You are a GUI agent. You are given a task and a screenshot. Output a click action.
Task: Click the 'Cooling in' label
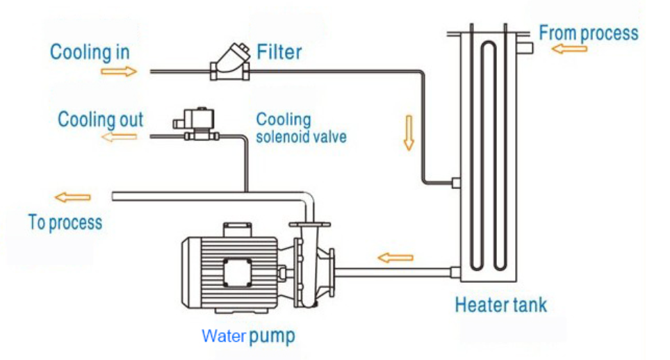(90, 52)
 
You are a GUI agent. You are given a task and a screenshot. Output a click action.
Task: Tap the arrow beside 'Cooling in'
(119, 71)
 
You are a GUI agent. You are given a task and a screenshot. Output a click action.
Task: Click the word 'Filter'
(279, 52)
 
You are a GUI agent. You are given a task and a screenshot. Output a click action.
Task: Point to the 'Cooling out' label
(100, 119)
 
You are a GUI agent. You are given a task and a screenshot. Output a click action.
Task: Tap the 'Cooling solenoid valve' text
(300, 128)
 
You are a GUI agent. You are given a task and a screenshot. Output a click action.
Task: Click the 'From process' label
(588, 33)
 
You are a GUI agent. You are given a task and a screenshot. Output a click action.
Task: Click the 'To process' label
(65, 222)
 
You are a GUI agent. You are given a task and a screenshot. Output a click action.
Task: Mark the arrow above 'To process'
(72, 197)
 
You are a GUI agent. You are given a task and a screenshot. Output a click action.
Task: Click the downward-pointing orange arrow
(409, 138)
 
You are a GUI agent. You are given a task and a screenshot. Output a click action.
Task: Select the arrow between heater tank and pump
(395, 258)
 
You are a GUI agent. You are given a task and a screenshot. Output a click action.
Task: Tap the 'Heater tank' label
(500, 304)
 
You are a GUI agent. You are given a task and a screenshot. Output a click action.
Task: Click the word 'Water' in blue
(223, 336)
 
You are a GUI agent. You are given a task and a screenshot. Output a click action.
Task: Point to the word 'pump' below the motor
(272, 337)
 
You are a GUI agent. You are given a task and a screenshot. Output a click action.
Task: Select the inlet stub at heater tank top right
(525, 47)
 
